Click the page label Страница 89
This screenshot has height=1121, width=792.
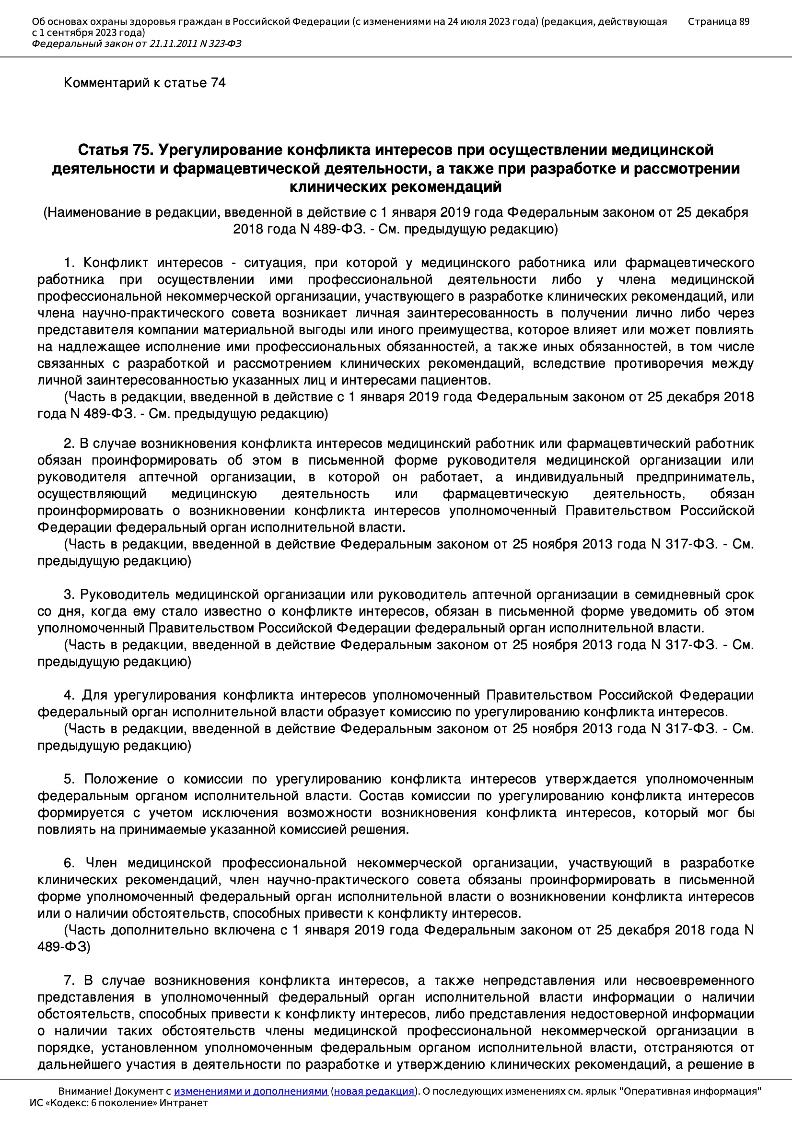pos(718,22)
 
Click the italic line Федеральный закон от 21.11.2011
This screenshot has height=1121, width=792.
pos(136,44)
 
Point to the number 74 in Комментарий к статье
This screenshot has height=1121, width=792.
pos(218,83)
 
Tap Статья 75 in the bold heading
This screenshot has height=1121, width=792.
pos(115,150)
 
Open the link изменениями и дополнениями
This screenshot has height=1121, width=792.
pos(250,1091)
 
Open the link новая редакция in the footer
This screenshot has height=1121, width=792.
pos(374,1091)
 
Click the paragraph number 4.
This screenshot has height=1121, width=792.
pos(69,695)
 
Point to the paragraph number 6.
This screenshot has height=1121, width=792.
pos(69,863)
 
